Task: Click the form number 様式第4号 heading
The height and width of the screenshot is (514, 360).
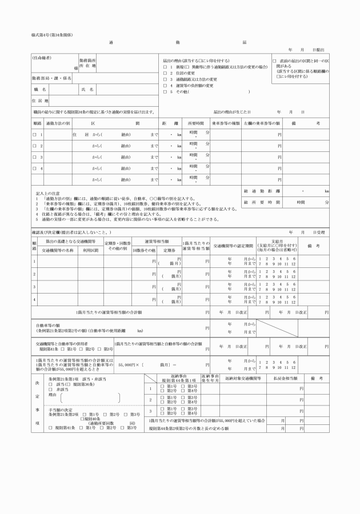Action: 52,35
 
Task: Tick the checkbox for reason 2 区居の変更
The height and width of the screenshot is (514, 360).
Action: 165,73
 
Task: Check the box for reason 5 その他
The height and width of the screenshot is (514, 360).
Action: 165,91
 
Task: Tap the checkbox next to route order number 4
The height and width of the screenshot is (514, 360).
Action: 35,168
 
